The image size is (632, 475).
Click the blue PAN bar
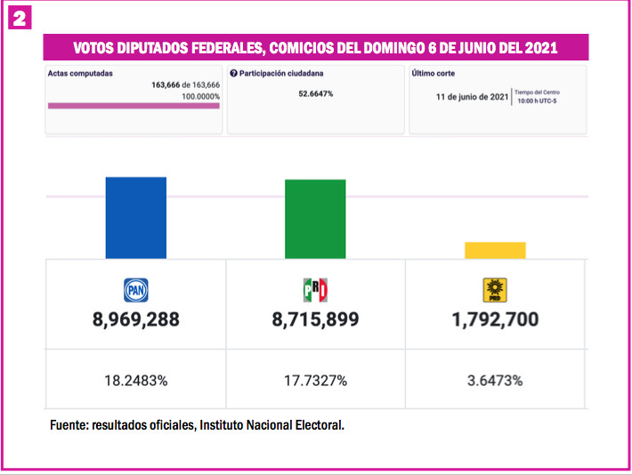(135, 218)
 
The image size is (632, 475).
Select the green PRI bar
(315, 219)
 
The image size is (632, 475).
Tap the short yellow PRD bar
(495, 251)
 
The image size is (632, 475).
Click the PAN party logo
(135, 290)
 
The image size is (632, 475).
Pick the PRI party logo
(316, 290)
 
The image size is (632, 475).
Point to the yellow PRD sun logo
(494, 290)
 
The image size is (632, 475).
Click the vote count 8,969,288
(135, 319)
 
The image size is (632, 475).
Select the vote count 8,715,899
(316, 319)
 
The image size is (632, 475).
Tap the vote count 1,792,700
(494, 319)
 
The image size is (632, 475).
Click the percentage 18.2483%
(135, 381)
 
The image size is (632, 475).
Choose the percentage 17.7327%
(316, 381)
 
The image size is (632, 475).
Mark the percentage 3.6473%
(494, 381)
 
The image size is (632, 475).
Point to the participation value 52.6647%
(316, 93)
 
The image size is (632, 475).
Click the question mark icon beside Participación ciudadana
(233, 74)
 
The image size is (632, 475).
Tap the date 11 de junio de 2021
(472, 97)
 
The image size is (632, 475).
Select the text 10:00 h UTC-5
(539, 101)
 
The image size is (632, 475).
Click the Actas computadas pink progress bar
(134, 106)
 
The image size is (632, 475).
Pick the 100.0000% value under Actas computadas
(200, 96)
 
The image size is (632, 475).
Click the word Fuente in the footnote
(68, 426)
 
